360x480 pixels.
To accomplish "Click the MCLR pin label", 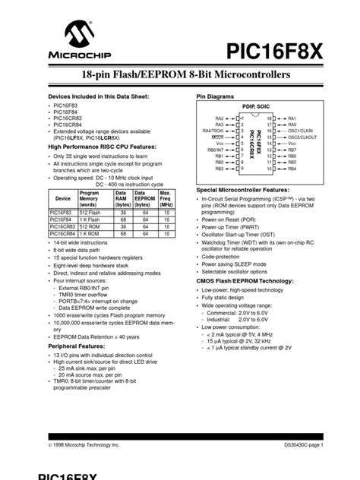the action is [x=217, y=137].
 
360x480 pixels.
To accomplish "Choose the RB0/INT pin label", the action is [x=216, y=150].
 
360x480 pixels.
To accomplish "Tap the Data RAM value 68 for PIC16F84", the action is [x=122, y=219].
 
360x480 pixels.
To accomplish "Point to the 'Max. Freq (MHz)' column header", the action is [x=165, y=198].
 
